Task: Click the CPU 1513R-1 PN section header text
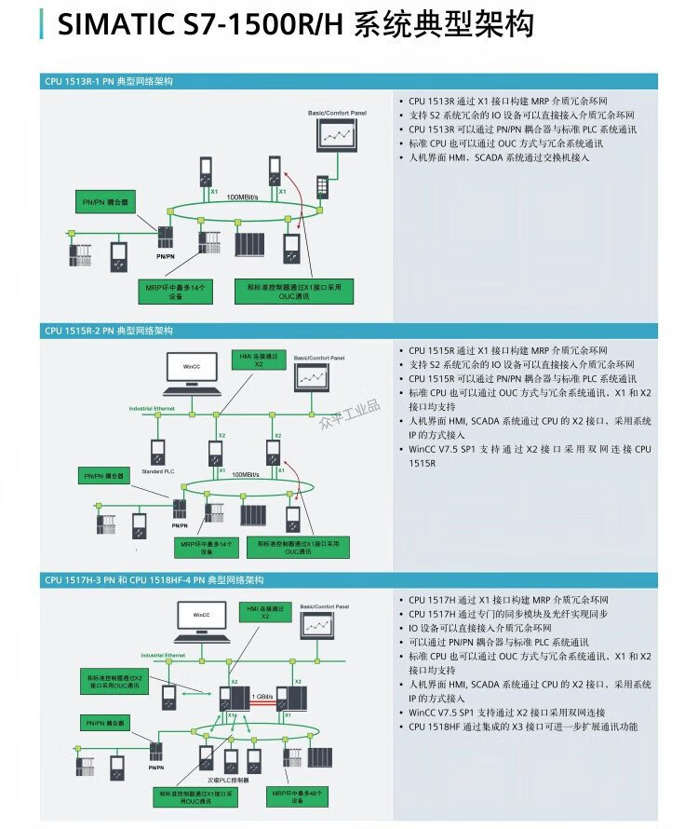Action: [108, 82]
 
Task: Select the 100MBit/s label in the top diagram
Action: [243, 197]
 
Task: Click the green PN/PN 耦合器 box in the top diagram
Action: [105, 200]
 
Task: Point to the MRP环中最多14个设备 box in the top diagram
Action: [175, 291]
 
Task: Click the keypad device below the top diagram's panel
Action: [322, 186]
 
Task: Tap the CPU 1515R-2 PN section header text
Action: [108, 331]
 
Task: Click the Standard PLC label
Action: [157, 471]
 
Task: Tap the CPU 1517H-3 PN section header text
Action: [154, 579]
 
